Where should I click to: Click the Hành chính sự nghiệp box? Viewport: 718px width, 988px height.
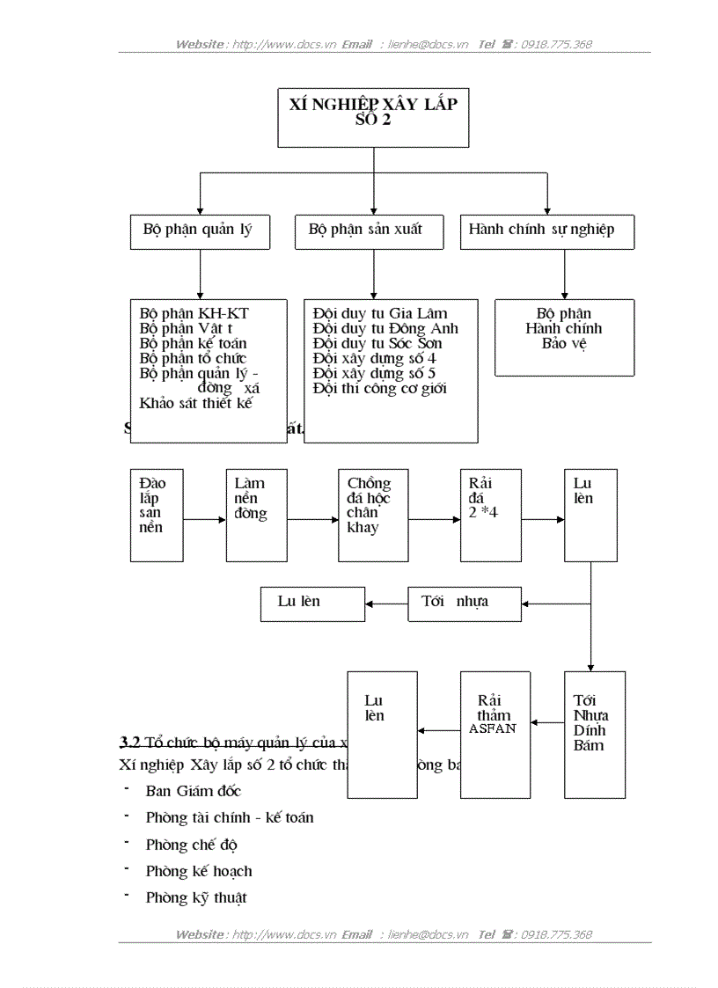546,231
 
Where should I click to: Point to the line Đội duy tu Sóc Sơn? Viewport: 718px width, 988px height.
377,344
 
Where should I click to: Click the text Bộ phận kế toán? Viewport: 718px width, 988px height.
193,344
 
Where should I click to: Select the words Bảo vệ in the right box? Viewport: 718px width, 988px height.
564,344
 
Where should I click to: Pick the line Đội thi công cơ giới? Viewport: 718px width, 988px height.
379,389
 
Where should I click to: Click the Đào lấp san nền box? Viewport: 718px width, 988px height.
156,515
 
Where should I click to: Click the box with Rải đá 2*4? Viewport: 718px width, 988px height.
490,515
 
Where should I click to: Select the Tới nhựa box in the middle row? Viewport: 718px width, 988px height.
464,604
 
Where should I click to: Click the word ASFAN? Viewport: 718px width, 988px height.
493,728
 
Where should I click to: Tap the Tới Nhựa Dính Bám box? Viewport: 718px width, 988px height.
594,734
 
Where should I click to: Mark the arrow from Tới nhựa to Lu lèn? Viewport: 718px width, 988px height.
386,604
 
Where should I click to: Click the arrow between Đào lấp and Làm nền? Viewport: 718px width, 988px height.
204,520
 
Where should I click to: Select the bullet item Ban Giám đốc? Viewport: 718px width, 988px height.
193,791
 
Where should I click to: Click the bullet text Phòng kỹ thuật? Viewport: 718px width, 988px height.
196,898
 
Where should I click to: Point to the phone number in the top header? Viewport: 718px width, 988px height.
556,44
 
